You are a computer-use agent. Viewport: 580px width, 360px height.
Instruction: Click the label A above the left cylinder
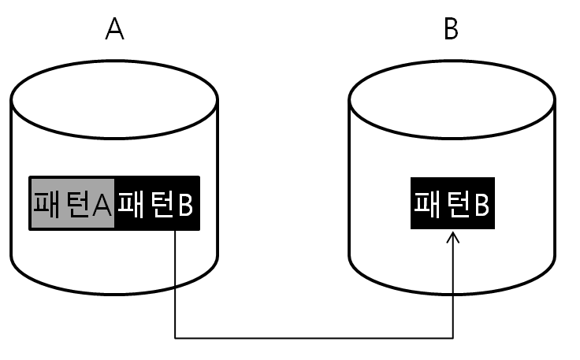(115, 29)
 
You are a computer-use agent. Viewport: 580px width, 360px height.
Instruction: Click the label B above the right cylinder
(452, 29)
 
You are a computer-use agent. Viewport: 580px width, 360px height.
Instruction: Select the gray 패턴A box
(72, 203)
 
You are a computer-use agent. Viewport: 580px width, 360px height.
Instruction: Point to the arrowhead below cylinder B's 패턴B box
(452, 236)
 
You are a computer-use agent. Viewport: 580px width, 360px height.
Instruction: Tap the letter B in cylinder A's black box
(185, 204)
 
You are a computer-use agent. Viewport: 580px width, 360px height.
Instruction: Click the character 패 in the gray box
(46, 203)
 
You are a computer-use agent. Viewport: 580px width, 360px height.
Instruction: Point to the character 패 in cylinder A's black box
(131, 203)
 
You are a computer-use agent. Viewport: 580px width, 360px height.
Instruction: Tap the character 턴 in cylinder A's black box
(160, 203)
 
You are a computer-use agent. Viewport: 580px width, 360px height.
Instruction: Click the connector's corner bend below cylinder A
(174, 339)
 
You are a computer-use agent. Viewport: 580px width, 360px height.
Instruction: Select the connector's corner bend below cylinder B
(452, 339)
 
